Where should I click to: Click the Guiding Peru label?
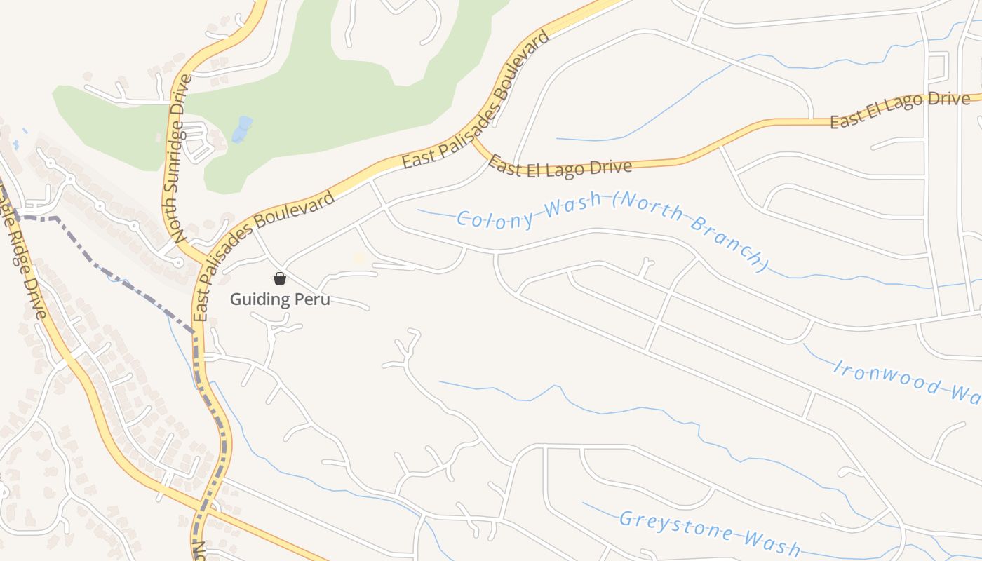[280, 299]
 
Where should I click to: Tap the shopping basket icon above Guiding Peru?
[280, 279]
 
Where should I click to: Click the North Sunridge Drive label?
[180, 158]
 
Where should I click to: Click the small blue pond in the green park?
[241, 130]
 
